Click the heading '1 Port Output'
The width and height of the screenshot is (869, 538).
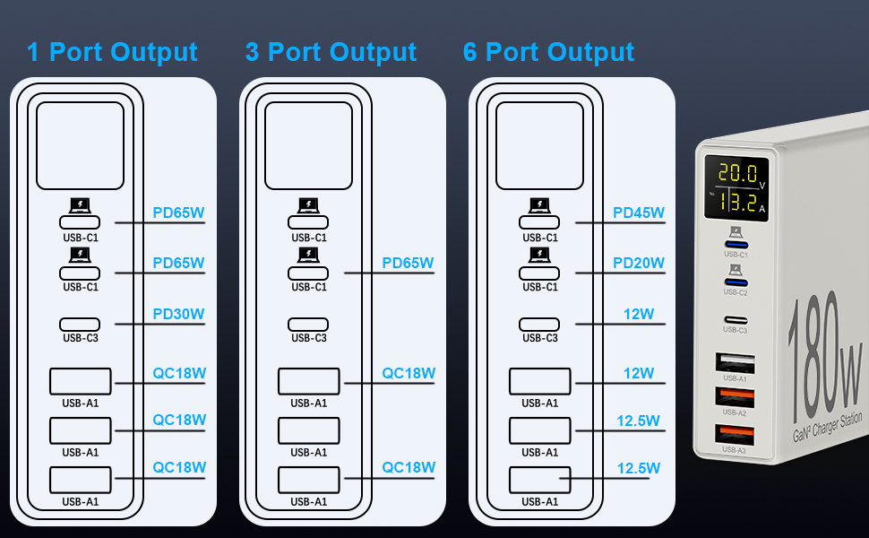click(x=112, y=52)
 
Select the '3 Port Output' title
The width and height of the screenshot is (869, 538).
click(x=331, y=52)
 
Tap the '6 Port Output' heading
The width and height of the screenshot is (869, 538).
click(x=548, y=52)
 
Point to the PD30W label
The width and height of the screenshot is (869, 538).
click(x=178, y=315)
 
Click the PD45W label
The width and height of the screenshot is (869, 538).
click(x=639, y=213)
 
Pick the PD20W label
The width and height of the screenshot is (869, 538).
click(x=639, y=264)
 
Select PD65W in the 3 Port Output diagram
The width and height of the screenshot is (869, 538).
click(x=408, y=264)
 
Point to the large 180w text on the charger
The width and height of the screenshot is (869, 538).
click(x=825, y=350)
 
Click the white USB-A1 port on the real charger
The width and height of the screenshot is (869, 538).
click(x=735, y=363)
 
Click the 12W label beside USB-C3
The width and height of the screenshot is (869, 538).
click(x=639, y=315)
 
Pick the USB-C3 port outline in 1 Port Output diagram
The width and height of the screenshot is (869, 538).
click(x=81, y=324)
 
